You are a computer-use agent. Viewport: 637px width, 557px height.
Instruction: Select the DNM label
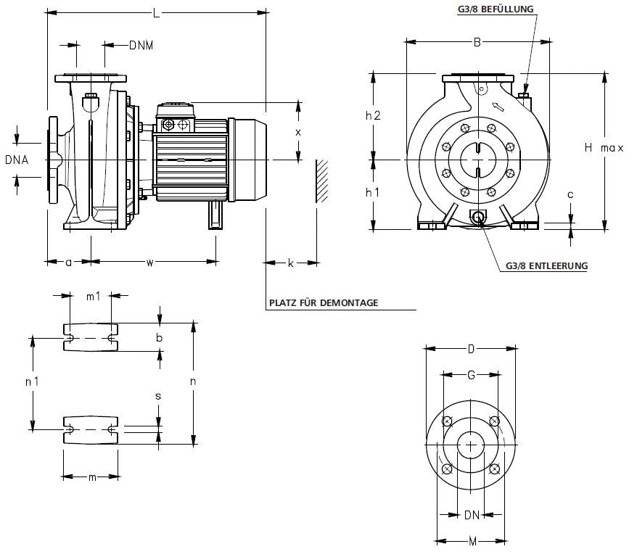click(141, 45)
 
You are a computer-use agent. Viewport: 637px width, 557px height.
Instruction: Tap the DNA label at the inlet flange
click(17, 160)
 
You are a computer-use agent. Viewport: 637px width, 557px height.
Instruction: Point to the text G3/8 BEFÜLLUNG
click(496, 9)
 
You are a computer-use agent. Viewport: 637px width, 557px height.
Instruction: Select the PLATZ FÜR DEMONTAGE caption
click(324, 302)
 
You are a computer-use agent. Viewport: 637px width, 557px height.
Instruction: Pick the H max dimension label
click(604, 148)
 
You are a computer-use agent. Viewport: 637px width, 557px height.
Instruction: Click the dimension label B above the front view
click(477, 42)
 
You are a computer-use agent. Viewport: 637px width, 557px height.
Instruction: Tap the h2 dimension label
click(373, 115)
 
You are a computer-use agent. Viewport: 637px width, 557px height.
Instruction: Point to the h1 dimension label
click(373, 193)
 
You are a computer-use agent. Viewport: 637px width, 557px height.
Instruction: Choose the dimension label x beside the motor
click(297, 132)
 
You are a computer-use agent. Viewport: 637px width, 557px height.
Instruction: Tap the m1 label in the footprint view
click(93, 295)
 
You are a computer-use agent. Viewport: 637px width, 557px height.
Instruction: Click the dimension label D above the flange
click(471, 350)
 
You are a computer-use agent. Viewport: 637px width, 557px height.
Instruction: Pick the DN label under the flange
click(472, 516)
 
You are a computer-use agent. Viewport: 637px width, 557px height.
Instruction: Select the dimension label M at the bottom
click(472, 541)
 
